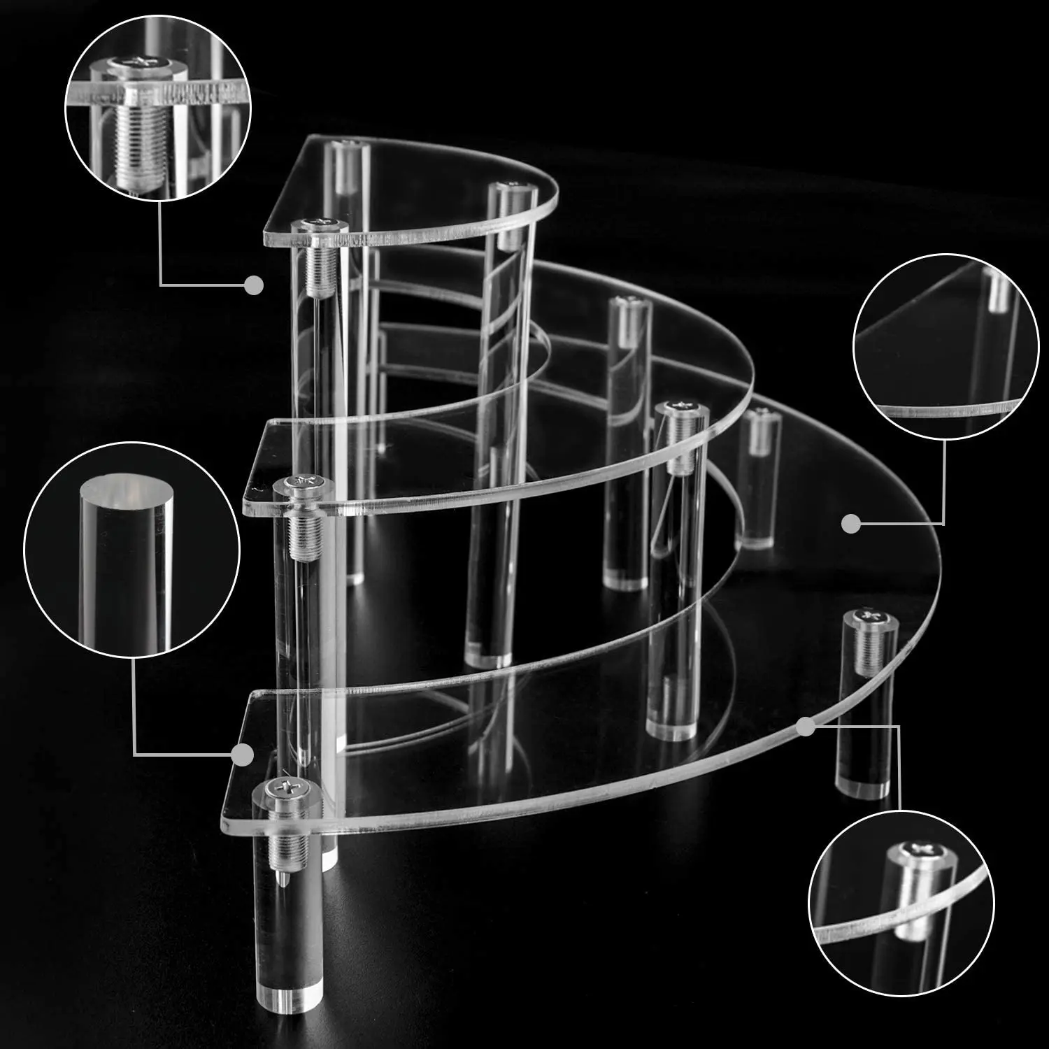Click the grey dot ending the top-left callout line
click(x=254, y=285)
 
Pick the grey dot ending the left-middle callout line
click(x=242, y=755)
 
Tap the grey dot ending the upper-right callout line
click(x=850, y=524)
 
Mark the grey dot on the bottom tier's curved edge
click(x=806, y=727)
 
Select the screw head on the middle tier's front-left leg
click(x=304, y=482)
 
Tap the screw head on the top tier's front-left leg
click(x=319, y=225)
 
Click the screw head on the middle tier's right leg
click(x=678, y=408)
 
